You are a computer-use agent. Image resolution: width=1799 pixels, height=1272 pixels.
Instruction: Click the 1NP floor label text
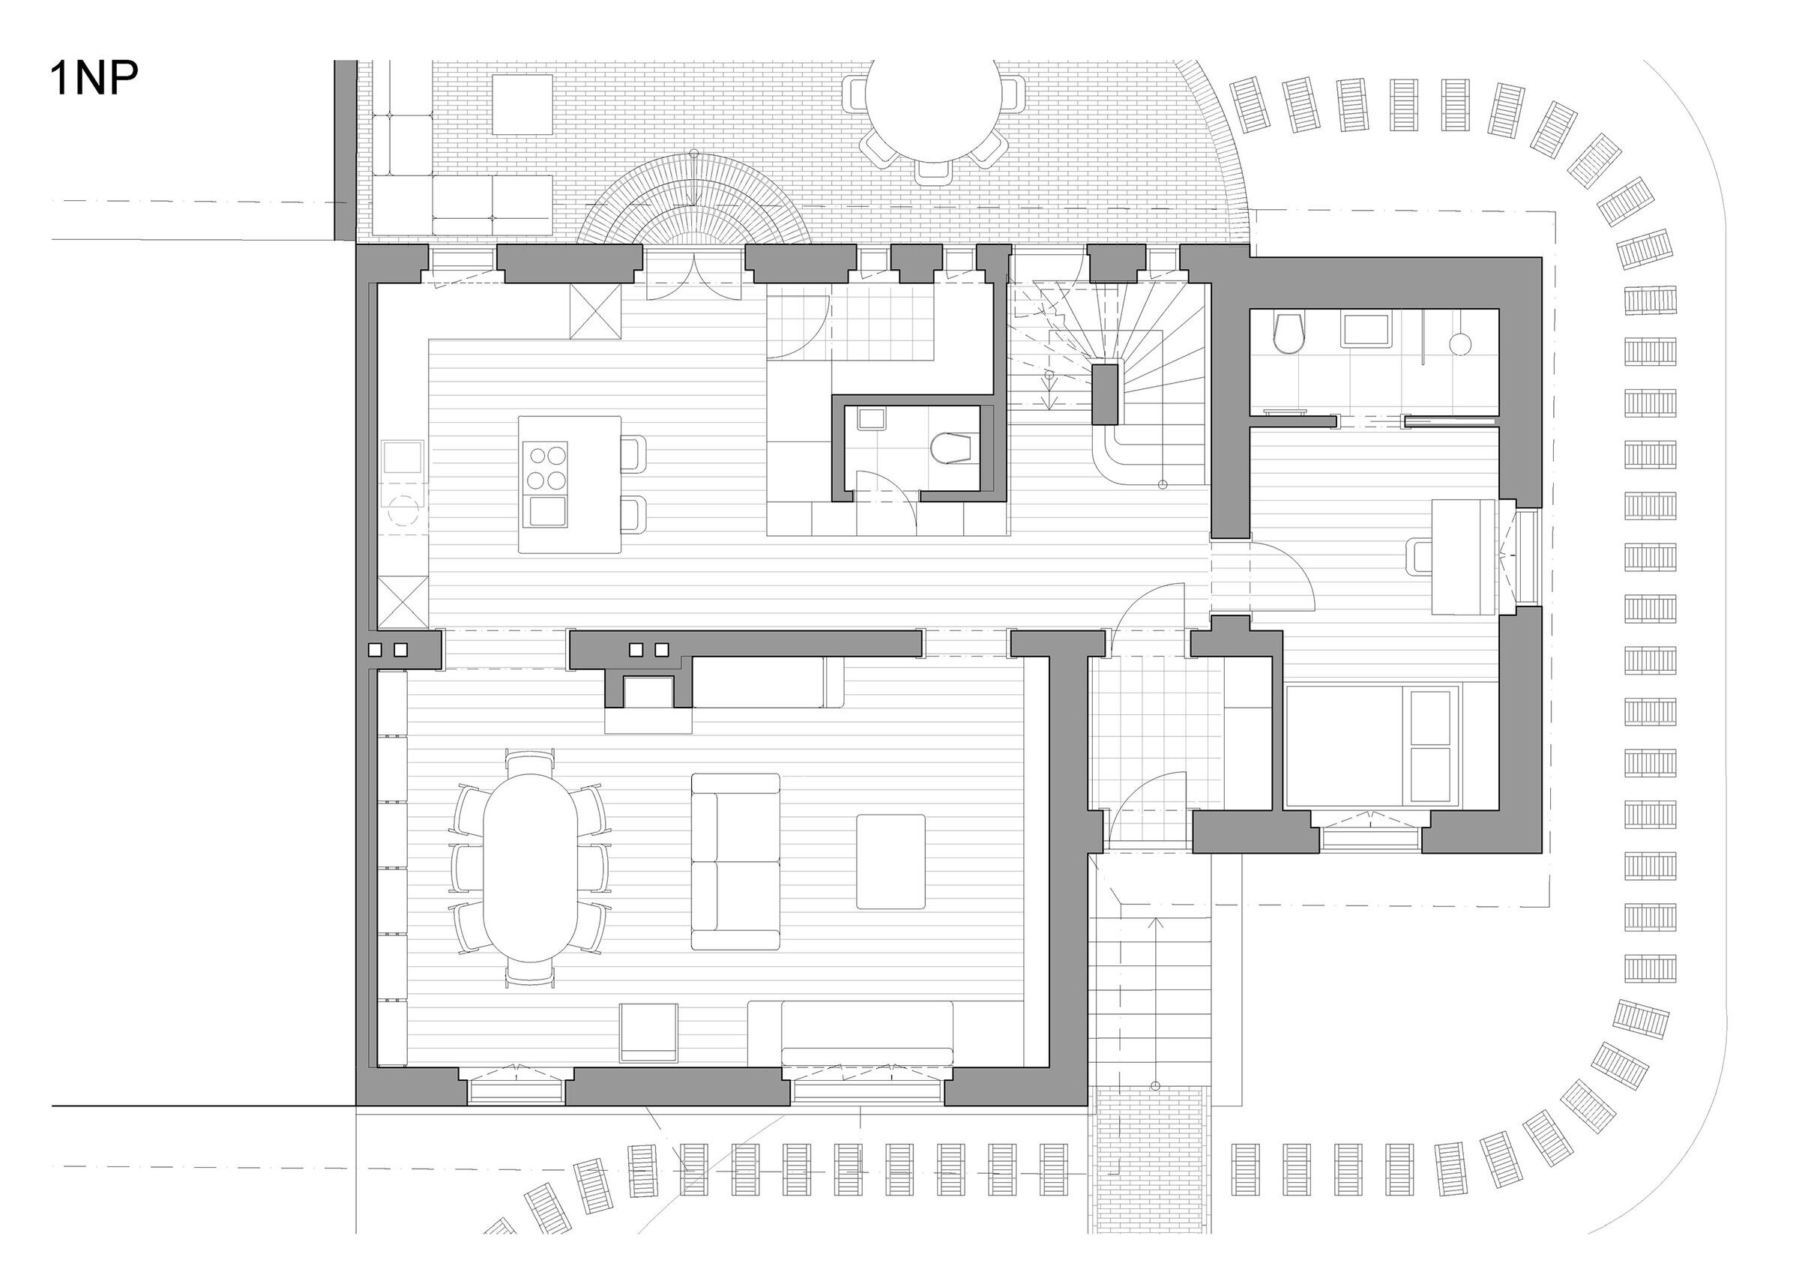point(94,79)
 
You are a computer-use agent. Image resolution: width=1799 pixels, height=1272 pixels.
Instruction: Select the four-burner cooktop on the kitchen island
point(544,467)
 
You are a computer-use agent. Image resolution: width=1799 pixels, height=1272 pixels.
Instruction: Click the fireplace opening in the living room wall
point(647,693)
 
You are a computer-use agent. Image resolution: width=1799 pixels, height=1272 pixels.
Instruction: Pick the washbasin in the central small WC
point(871,419)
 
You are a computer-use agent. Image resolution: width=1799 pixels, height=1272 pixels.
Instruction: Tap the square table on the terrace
point(522,105)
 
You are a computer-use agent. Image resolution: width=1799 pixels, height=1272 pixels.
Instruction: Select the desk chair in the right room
point(1420,557)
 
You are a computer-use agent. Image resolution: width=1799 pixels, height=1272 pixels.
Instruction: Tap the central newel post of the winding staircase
point(1106,394)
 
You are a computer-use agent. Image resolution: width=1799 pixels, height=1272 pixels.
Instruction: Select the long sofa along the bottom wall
point(866,1033)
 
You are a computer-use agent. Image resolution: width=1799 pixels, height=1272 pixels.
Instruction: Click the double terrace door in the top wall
point(693,274)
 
